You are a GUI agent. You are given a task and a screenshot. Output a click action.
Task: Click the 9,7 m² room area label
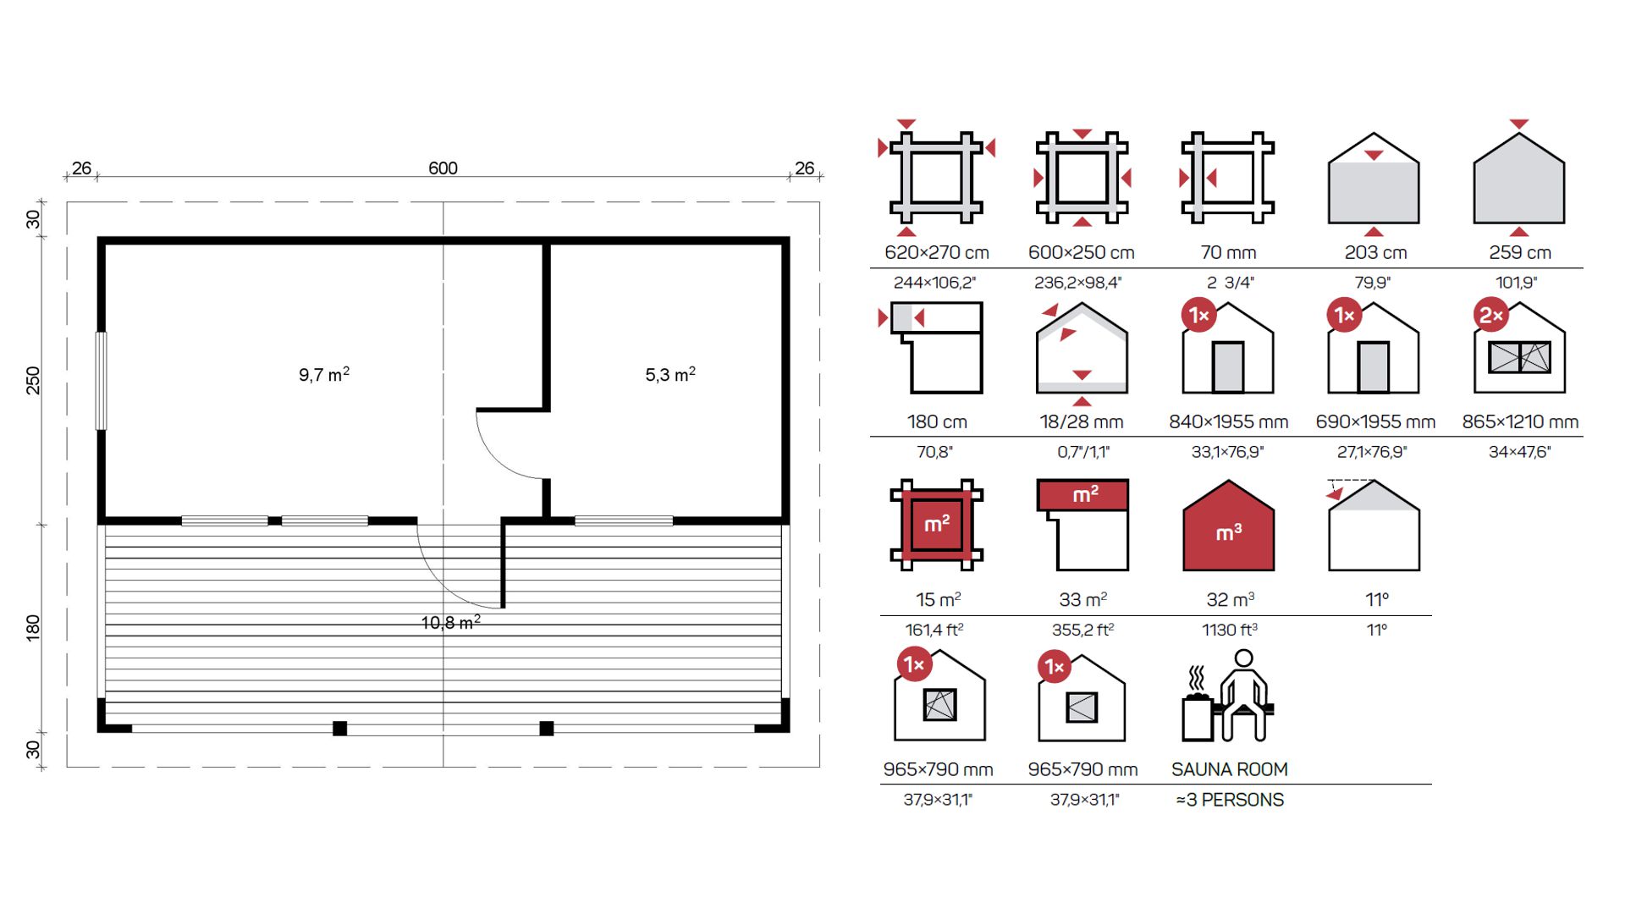(324, 374)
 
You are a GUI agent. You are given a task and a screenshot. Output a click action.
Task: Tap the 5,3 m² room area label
(670, 374)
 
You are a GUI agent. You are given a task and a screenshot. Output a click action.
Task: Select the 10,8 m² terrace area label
(451, 623)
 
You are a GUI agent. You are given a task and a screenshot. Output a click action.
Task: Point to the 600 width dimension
(443, 168)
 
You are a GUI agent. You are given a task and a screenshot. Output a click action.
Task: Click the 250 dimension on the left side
(33, 380)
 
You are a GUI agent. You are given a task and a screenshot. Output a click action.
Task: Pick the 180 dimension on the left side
(33, 628)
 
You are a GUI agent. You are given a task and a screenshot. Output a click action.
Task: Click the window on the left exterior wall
(102, 380)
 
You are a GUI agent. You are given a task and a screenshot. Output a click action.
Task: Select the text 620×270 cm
(936, 252)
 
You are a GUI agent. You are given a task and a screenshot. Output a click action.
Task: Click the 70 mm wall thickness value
(1228, 252)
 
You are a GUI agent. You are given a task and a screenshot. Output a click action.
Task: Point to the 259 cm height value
(1520, 252)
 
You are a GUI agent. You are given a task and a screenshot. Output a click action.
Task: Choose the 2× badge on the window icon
(1490, 316)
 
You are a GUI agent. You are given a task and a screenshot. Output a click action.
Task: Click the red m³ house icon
(1228, 526)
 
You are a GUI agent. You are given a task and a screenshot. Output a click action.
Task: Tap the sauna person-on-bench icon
(1228, 696)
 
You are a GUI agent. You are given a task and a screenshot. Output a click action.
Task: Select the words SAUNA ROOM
(1229, 769)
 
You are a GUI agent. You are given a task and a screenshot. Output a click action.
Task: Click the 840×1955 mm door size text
(1228, 421)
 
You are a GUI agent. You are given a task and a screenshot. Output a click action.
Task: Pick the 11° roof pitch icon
(1373, 525)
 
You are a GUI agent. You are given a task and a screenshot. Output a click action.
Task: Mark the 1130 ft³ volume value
(1230, 630)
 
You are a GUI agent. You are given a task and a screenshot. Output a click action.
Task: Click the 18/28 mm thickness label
(1082, 421)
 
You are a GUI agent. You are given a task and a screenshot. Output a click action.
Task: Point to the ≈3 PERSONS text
(1230, 800)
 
